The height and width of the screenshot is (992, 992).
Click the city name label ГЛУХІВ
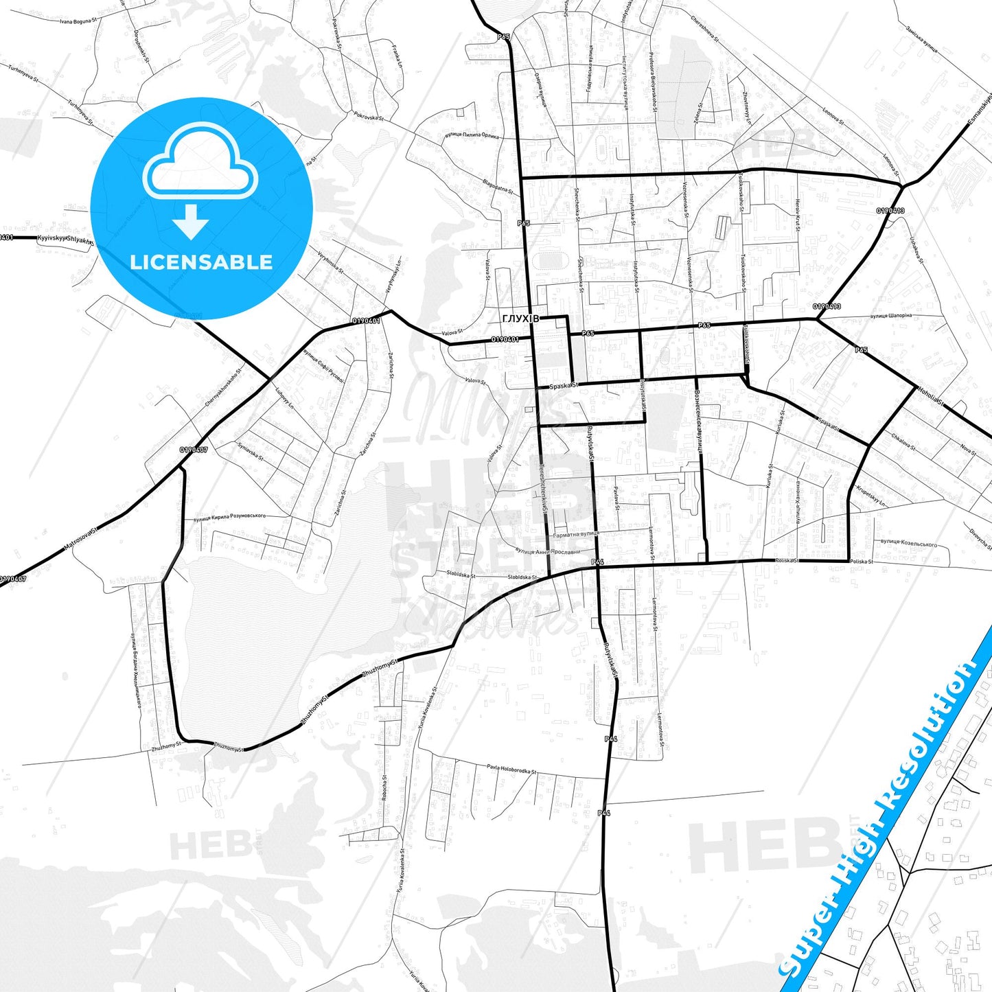point(520,319)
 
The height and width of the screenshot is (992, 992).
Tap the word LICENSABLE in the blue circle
point(201,262)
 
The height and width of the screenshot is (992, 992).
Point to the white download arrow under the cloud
point(192,221)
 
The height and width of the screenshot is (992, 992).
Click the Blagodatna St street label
point(498,185)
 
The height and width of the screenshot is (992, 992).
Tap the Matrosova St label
point(81,539)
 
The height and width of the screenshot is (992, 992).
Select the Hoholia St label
point(930,396)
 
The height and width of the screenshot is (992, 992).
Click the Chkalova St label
point(903,440)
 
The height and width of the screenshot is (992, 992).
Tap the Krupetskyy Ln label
point(871,497)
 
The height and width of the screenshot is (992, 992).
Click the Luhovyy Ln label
point(284,397)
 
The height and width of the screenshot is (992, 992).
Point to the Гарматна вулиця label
point(576,534)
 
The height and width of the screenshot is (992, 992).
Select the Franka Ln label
point(396,57)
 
